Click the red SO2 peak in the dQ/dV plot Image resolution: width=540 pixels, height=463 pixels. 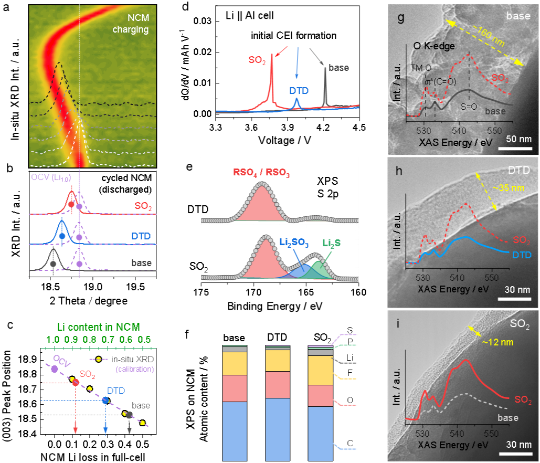[271, 55]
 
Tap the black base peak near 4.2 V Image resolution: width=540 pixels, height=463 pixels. [325, 68]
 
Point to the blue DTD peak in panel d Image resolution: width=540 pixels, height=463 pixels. [297, 99]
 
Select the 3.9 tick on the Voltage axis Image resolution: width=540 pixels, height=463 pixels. [287, 128]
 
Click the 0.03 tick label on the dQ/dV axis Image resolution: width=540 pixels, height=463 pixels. [202, 22]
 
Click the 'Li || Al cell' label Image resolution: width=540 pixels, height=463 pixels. [250, 16]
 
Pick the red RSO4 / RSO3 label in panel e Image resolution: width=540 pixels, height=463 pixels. [261, 173]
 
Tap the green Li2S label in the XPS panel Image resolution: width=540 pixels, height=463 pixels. [331, 243]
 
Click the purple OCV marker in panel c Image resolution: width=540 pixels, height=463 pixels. [55, 369]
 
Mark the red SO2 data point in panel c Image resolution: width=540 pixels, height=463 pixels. [75, 382]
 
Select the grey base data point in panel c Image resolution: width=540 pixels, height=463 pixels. [129, 415]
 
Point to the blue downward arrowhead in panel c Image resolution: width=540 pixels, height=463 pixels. [105, 430]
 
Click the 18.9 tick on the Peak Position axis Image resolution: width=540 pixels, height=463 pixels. [29, 360]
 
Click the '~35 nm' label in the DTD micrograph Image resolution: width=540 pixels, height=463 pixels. [509, 188]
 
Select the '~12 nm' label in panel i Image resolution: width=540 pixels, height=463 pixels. [497, 342]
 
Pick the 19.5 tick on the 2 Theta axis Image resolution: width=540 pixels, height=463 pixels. [136, 287]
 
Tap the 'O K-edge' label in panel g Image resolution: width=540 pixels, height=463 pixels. [434, 46]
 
